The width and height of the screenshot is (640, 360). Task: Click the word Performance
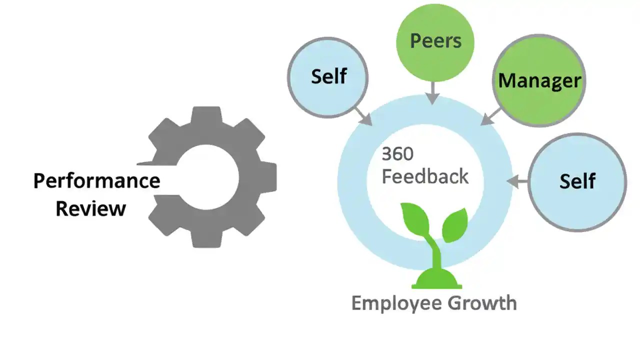96,180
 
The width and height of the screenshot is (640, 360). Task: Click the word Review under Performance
90,208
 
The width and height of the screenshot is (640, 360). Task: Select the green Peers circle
435,40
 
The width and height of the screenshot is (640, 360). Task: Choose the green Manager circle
539,80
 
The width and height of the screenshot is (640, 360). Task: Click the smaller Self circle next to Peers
328,76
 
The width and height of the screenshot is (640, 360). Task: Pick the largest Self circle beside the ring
577,181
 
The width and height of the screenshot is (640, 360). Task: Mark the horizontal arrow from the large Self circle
517,182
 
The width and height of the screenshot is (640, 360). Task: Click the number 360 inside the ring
397,154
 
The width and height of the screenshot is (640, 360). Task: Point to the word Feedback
425,176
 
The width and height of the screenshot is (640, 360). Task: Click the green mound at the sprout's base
436,280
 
